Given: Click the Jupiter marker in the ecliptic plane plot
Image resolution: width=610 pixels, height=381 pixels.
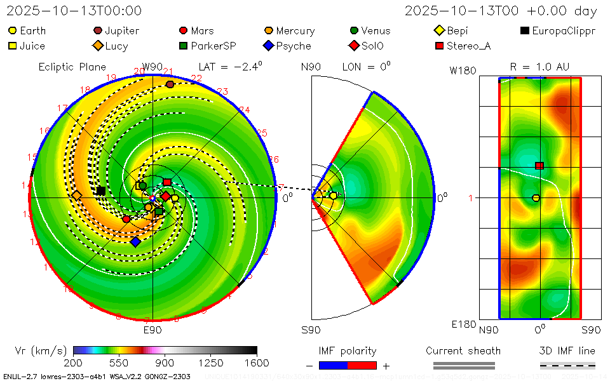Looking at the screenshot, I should pyautogui.click(x=170, y=84).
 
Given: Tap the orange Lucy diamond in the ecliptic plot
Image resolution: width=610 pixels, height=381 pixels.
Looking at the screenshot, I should pyautogui.click(x=77, y=195).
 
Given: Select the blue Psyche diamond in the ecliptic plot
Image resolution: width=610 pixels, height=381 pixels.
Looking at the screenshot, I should pyautogui.click(x=135, y=241).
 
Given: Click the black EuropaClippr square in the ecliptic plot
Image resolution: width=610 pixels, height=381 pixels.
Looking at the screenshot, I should pyautogui.click(x=100, y=190).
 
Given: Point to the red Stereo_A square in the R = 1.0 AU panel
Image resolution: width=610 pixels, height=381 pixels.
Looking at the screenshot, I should pyautogui.click(x=539, y=166).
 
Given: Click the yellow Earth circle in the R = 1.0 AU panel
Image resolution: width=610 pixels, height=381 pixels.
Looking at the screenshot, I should pyautogui.click(x=536, y=198).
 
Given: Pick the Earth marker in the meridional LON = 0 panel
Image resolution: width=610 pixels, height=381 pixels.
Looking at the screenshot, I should pyautogui.click(x=333, y=196).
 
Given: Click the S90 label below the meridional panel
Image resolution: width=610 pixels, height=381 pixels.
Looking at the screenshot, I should pyautogui.click(x=311, y=330).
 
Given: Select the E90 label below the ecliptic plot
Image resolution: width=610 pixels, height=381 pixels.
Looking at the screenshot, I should pyautogui.click(x=152, y=330).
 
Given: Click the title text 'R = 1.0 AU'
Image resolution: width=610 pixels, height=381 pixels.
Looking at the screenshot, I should pyautogui.click(x=539, y=67).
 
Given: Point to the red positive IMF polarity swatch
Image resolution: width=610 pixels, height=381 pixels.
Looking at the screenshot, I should pyautogui.click(x=362, y=365).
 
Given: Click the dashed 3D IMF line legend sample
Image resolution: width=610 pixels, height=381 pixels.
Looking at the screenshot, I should pyautogui.click(x=567, y=365).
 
